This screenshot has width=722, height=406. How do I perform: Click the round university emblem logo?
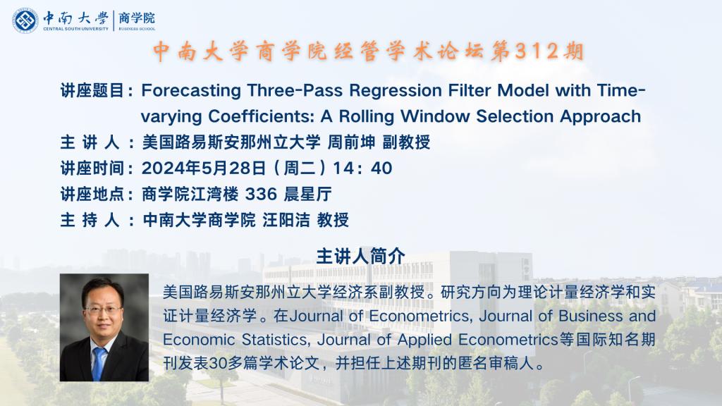pos(25,20)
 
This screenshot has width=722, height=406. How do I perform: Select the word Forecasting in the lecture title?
pos(191,91)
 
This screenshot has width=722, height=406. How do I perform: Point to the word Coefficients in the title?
pos(261,116)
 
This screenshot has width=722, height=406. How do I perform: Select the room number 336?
pos(261,195)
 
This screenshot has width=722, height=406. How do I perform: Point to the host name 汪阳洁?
pos(286,220)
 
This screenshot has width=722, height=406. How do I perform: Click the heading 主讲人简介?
pos(360,257)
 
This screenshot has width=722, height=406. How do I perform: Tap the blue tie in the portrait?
pos(98,363)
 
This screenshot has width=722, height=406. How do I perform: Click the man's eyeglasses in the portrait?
pos(103,310)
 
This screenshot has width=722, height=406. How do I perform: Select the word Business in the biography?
pos(590,316)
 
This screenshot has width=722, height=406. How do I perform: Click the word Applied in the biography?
pos(424,340)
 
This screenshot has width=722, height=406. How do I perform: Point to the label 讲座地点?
pos(92,195)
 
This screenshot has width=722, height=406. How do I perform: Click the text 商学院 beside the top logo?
pos(137,18)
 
